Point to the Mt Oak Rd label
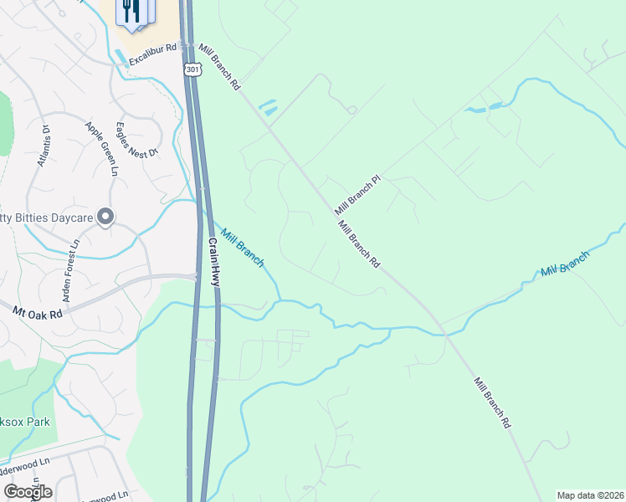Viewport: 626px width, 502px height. [38, 313]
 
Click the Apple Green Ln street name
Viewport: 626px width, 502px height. [100, 149]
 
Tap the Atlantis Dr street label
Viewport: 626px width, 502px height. [43, 146]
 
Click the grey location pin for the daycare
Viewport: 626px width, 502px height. [105, 218]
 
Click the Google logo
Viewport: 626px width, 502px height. [28, 491]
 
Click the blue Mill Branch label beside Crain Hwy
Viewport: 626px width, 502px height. [242, 248]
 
